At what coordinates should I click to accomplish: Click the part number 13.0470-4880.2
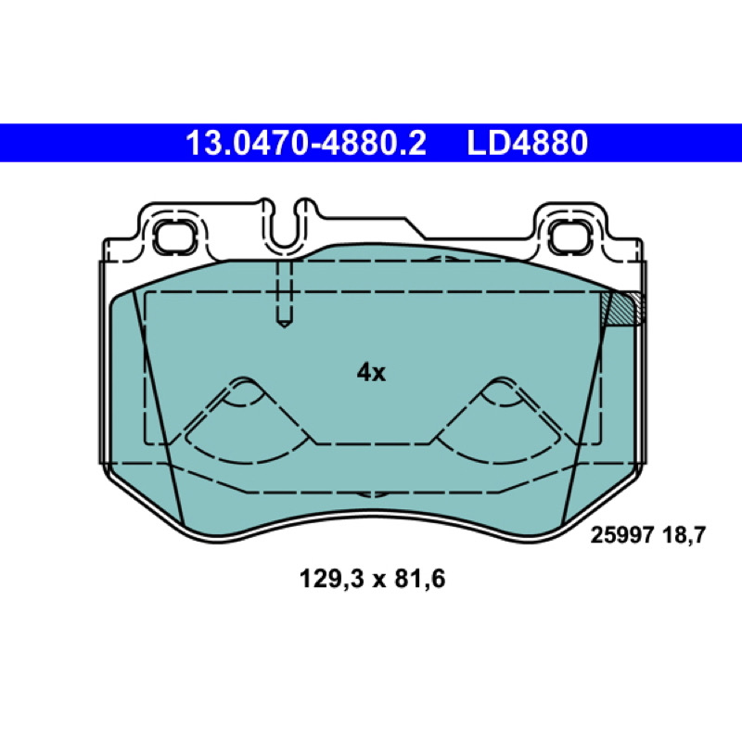[x=306, y=144]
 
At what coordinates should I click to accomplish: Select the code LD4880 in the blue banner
[x=527, y=144]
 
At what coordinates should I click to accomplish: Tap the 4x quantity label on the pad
[x=371, y=373]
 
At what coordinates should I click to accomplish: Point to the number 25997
[x=622, y=536]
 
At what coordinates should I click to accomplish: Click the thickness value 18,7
[x=684, y=536]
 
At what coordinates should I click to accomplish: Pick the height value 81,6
[x=420, y=579]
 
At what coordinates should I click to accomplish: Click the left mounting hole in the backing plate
[x=174, y=236]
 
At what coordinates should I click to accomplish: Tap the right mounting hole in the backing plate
[x=569, y=237]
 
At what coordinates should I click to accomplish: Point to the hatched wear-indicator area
[x=622, y=308]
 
